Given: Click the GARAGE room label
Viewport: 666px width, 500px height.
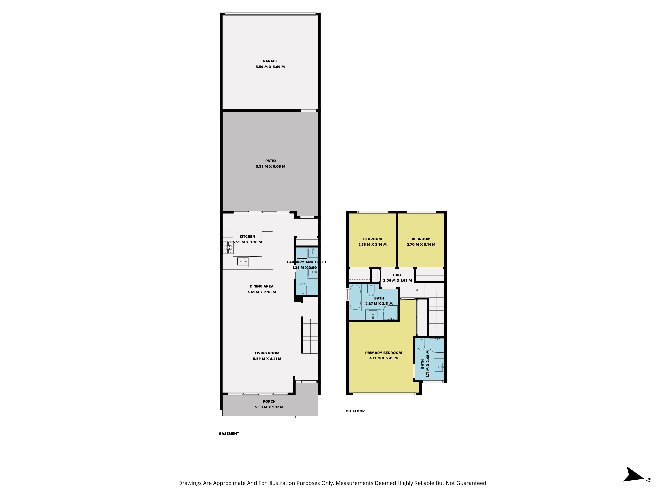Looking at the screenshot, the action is pyautogui.click(x=270, y=61).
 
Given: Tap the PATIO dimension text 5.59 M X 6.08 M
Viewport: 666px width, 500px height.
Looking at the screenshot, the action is pyautogui.click(x=270, y=166).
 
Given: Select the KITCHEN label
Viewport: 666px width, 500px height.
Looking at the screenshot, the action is pyautogui.click(x=247, y=237).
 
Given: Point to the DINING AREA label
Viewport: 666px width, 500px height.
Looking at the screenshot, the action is pyautogui.click(x=262, y=286).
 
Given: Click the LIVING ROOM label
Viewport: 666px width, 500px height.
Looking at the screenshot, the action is pyautogui.click(x=267, y=353).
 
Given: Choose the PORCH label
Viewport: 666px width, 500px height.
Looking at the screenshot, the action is pyautogui.click(x=269, y=401).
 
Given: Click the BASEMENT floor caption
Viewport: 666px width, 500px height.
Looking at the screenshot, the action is pyautogui.click(x=229, y=434).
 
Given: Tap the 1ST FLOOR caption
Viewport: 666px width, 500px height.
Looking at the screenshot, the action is pyautogui.click(x=355, y=411).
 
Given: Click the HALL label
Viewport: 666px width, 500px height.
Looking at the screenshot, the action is pyautogui.click(x=397, y=275).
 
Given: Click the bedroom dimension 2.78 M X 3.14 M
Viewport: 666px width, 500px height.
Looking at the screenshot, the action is pyautogui.click(x=372, y=244).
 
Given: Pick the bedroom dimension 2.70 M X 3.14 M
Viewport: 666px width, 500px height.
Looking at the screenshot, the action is pyautogui.click(x=421, y=244).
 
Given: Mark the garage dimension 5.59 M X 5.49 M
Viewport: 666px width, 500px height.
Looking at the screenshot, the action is pyautogui.click(x=270, y=67).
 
